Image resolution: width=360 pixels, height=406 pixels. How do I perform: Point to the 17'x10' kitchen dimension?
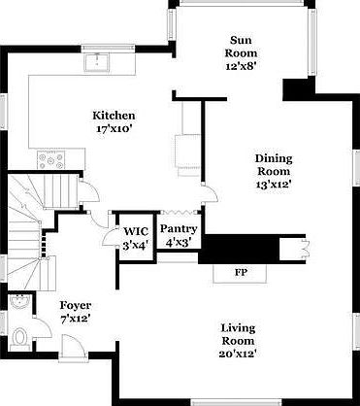(113, 126)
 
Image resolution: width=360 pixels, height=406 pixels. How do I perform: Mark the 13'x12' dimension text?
(273, 183)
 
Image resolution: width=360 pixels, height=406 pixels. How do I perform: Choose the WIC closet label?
(133, 231)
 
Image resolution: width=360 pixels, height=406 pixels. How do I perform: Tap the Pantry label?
(178, 229)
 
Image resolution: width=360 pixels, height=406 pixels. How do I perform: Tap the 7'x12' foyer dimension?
(76, 318)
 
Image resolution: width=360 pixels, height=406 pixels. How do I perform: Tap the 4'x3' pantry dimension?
(178, 241)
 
